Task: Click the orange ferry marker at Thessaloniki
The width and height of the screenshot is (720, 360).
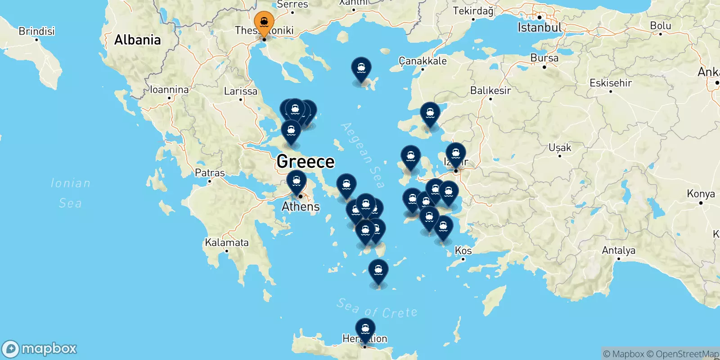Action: tap(264, 22)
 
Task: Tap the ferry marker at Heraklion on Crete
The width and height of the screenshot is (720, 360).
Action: tap(365, 329)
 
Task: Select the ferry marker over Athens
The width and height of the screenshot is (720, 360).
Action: tap(297, 182)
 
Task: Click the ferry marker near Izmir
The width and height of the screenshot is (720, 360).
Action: tap(456, 154)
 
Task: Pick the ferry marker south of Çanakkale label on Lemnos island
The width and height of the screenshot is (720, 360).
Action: tap(361, 69)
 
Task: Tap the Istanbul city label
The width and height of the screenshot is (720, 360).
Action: tap(539, 28)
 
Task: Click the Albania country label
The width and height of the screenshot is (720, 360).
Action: tap(137, 40)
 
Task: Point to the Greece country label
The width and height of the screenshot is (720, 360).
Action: tap(306, 162)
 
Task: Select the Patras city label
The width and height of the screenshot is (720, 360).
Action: tap(210, 173)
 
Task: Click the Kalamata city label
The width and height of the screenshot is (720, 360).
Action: tap(227, 243)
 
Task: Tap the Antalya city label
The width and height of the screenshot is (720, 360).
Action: tap(618, 250)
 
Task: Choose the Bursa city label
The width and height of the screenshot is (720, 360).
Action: tap(544, 58)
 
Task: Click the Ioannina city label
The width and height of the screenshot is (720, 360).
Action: tap(169, 90)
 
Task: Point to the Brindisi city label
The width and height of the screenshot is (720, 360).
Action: tap(36, 31)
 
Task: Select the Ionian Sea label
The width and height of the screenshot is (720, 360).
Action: tap(70, 193)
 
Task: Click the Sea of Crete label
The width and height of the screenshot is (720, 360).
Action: tap(377, 309)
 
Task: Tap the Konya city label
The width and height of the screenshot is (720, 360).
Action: tap(701, 193)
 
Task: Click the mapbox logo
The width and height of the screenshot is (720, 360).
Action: tap(40, 349)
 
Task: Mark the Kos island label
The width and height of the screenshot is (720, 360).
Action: tap(463, 250)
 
